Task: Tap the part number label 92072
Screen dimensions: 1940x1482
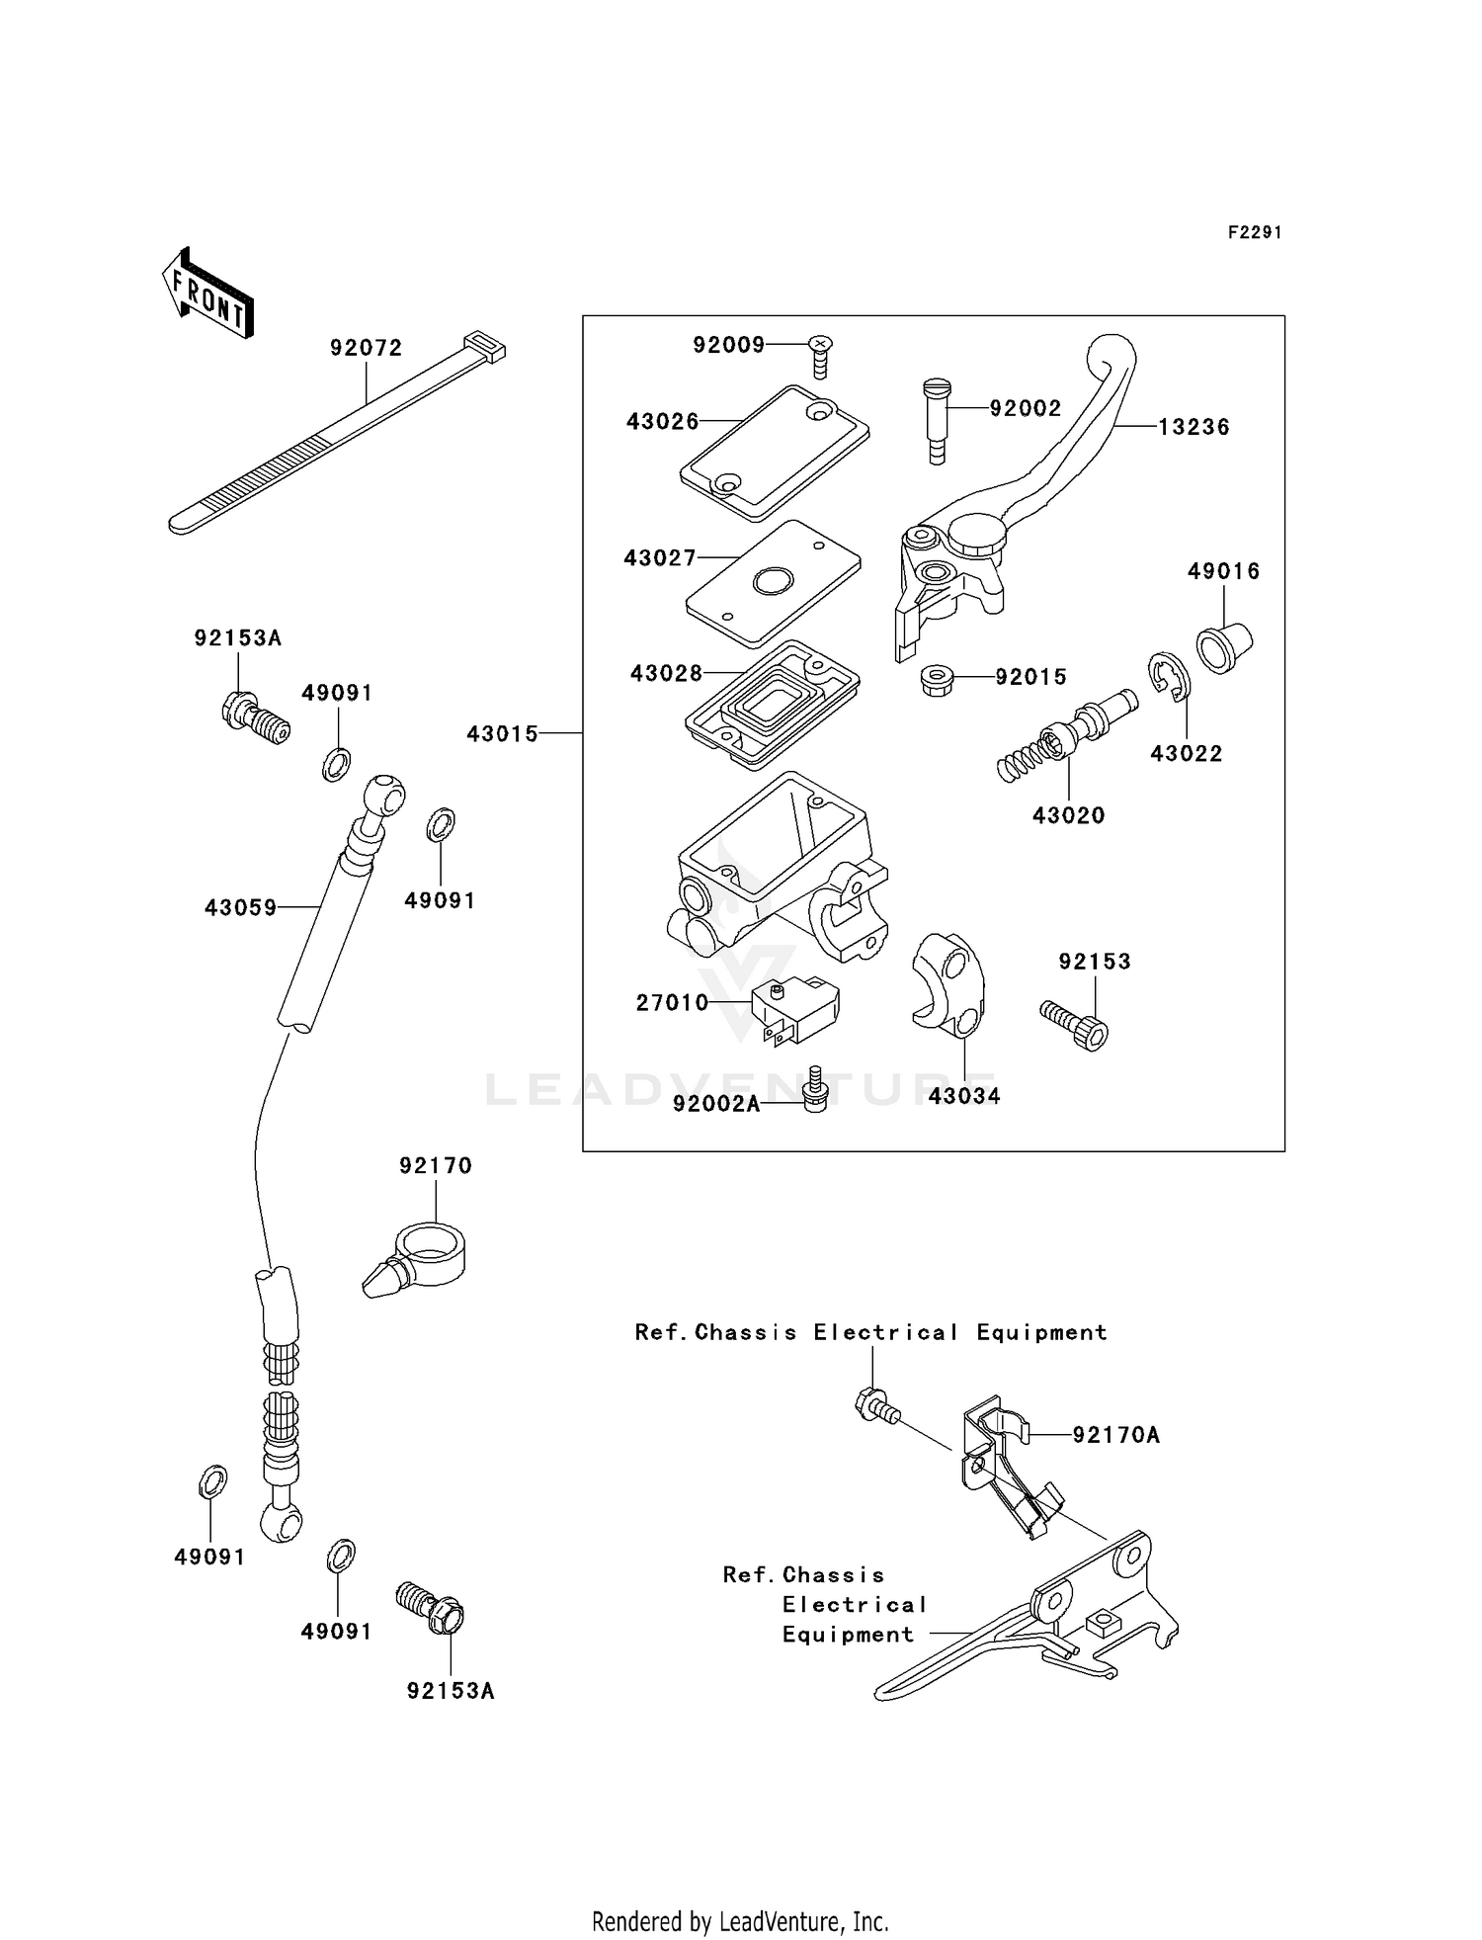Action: [366, 348]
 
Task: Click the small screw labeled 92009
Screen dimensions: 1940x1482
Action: [819, 355]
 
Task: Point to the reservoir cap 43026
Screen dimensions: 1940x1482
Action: [775, 453]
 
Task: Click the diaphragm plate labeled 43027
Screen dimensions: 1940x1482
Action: [773, 582]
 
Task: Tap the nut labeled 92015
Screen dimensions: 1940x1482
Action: [934, 680]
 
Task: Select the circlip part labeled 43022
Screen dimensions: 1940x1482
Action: [1169, 677]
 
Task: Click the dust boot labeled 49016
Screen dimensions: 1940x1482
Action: [1224, 646]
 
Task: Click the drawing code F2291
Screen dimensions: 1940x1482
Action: [1255, 232]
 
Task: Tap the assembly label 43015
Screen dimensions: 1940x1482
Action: [502, 733]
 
